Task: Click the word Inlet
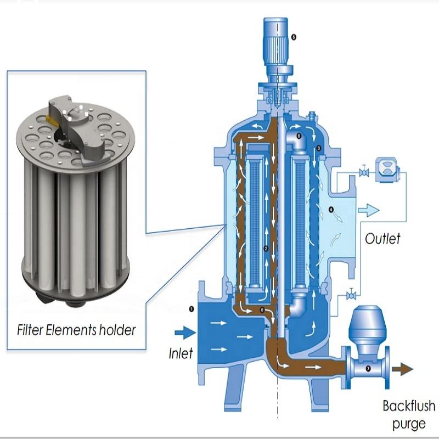point(181,353)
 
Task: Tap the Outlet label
point(382,239)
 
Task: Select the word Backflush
point(409,406)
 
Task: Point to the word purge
point(409,424)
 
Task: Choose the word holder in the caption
point(117,330)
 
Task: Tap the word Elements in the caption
point(71,330)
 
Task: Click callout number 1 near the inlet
point(192,309)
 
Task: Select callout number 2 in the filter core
point(266,249)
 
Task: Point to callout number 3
point(318,148)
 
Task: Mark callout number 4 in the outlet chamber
point(331,210)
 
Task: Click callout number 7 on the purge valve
point(368,369)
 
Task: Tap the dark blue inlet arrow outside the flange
point(185,333)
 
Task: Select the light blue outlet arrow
point(368,210)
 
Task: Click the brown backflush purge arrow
point(402,369)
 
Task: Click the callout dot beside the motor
point(294,37)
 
